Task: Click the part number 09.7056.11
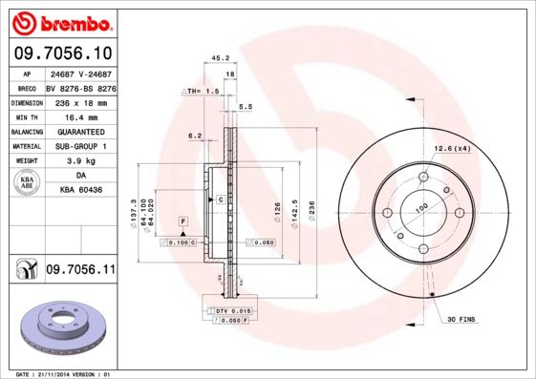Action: [80, 271]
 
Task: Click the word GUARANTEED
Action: [80, 131]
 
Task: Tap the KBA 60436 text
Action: [81, 191]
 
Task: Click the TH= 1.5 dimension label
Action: [202, 90]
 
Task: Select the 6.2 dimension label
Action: [195, 136]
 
